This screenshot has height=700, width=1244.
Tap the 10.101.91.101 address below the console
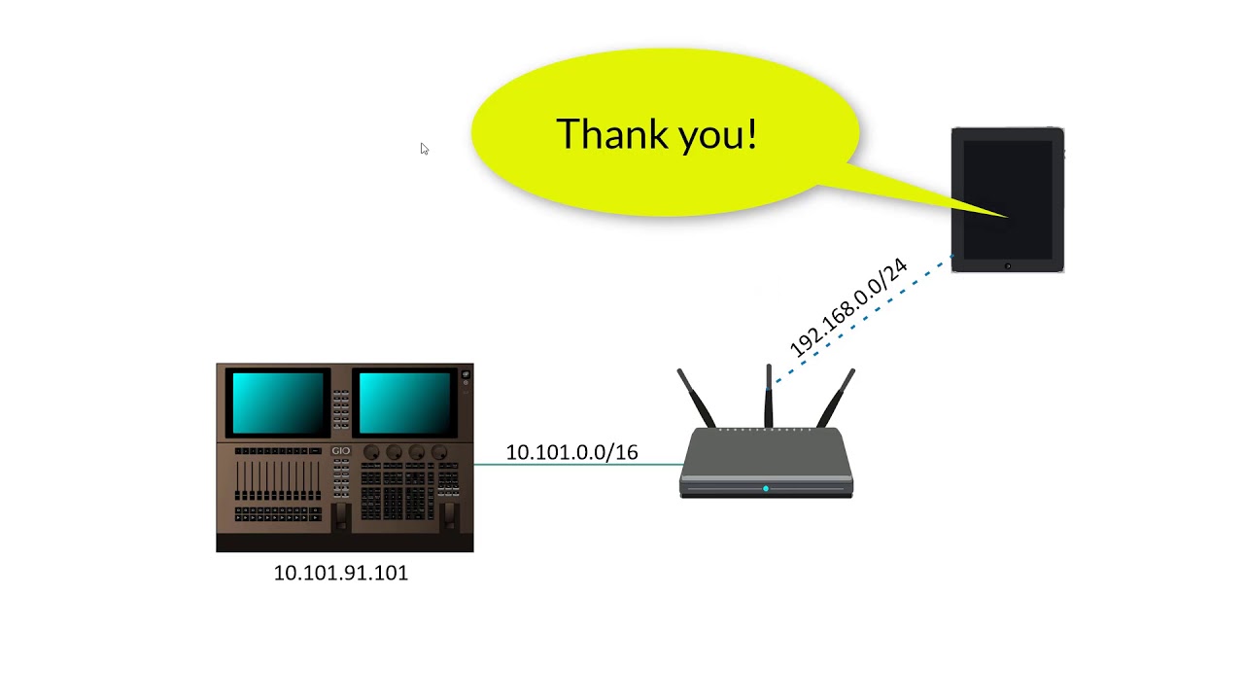[340, 573]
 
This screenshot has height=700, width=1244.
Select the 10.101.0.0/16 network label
[571, 452]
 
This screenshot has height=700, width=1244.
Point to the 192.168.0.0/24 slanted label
[847, 307]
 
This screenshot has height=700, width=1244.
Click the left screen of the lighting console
[279, 402]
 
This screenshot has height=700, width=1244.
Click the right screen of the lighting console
[404, 402]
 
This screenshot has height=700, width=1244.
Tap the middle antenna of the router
[769, 394]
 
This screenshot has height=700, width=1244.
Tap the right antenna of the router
[839, 396]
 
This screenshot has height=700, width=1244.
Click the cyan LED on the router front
[766, 488]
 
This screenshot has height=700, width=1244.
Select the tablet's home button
[1008, 265]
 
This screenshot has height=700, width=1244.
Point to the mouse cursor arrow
[424, 148]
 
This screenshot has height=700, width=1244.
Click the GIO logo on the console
[340, 451]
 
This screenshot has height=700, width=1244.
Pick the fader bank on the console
[278, 480]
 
